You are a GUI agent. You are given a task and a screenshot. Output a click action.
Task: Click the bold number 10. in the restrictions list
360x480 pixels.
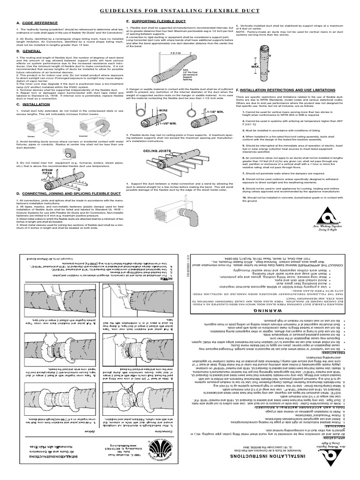tap(244, 198)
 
